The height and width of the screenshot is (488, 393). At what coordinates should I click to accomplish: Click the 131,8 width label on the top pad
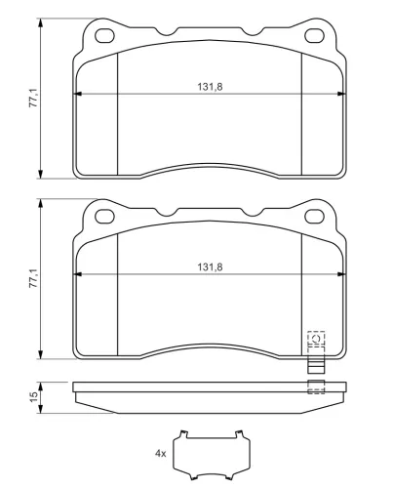click(210, 87)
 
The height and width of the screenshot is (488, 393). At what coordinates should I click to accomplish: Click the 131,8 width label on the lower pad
click(210, 267)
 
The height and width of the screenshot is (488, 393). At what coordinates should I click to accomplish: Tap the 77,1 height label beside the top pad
click(34, 98)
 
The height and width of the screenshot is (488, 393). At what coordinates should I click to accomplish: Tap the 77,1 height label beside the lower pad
click(34, 278)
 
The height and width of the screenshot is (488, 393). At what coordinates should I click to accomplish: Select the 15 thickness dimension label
click(34, 397)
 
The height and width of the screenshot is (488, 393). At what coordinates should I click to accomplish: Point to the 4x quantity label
click(160, 453)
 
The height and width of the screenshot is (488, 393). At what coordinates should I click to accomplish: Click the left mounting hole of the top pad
click(104, 36)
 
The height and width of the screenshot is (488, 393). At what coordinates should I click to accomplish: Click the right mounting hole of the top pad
click(314, 36)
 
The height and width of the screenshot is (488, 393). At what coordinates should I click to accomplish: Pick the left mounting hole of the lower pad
click(104, 217)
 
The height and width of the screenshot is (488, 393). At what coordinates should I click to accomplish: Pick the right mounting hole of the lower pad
click(314, 217)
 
